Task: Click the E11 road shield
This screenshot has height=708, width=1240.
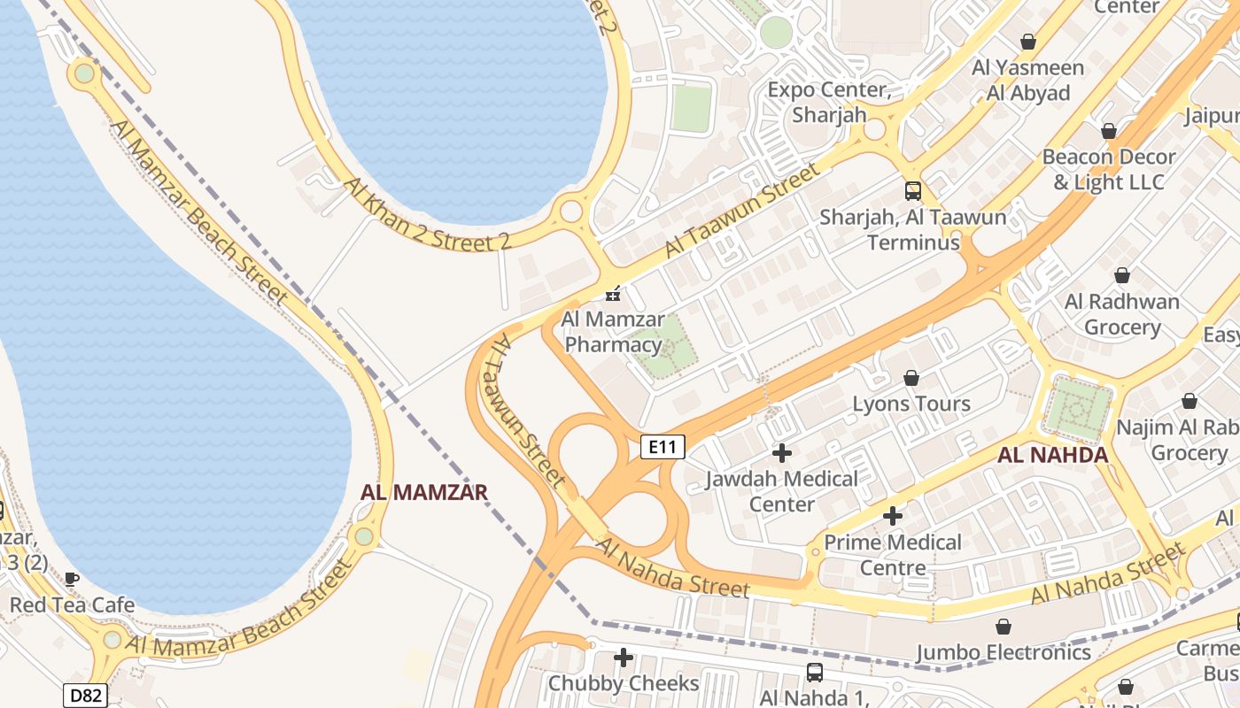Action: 663,447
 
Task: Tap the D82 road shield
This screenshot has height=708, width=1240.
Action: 85,696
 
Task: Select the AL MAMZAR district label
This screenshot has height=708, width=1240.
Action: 424,492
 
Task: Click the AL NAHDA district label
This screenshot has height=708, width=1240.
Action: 1052,456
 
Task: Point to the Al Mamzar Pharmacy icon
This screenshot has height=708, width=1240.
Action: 612,294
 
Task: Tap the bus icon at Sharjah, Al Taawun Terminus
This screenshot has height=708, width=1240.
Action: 912,190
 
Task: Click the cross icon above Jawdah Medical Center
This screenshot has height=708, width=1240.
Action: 781,453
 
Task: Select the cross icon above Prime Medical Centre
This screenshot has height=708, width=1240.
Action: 893,515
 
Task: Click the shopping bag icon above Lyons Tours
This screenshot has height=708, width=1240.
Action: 911,379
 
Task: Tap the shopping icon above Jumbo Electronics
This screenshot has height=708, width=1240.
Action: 1004,627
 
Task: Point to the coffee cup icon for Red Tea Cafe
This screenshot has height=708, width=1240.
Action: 72,580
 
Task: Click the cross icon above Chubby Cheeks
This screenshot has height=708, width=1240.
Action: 624,658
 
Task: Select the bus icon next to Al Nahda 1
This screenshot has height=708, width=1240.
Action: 814,673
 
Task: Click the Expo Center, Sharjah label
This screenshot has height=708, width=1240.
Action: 827,102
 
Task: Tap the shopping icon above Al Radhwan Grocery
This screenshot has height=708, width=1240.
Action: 1122,275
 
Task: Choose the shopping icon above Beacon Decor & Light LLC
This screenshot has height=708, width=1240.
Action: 1108,131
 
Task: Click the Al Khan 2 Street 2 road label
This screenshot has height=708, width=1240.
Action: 428,215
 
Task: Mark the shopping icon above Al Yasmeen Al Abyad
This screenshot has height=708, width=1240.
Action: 1027,42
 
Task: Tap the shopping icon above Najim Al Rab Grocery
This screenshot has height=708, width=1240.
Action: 1189,401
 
